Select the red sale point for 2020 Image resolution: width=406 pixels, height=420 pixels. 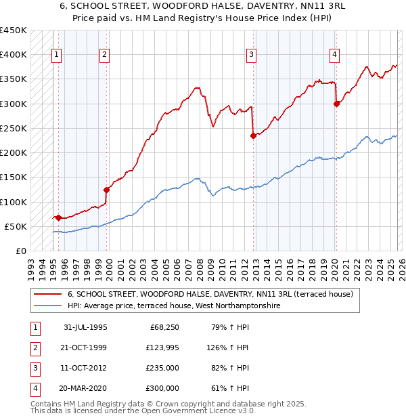click(x=336, y=104)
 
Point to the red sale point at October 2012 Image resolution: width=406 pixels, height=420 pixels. click(x=253, y=135)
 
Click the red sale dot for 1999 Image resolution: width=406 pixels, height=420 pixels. click(x=106, y=190)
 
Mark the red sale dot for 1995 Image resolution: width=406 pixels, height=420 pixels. click(x=59, y=217)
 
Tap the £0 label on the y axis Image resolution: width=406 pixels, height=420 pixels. click(x=22, y=251)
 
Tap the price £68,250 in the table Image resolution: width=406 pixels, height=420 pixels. click(x=163, y=327)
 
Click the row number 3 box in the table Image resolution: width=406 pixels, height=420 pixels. click(x=34, y=368)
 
